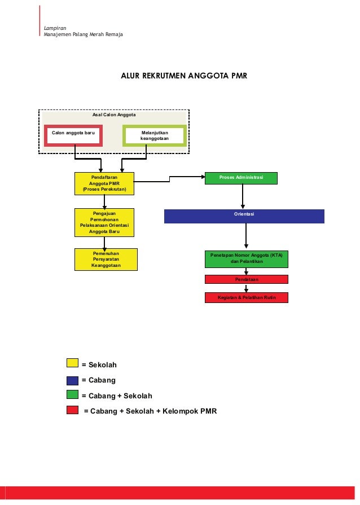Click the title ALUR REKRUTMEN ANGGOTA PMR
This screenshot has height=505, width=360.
(184, 75)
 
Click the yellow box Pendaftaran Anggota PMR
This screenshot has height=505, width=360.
(104, 183)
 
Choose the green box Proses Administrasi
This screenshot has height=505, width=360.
(241, 178)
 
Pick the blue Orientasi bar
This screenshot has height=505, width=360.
(244, 216)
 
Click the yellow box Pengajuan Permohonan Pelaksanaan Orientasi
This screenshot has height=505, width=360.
(104, 223)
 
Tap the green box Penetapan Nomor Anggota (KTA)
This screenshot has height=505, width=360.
(246, 259)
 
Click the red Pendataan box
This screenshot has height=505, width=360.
(246, 279)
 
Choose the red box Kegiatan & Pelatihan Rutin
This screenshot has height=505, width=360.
(246, 297)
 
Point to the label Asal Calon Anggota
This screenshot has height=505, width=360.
(114, 115)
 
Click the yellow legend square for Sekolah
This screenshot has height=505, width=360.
(72, 365)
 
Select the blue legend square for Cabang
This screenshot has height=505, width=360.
(72, 380)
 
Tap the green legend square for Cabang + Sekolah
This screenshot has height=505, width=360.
(72, 396)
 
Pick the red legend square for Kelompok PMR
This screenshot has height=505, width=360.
(72, 411)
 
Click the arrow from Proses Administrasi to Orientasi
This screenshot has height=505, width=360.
(243, 197)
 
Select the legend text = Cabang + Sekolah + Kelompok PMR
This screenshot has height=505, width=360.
(150, 411)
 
